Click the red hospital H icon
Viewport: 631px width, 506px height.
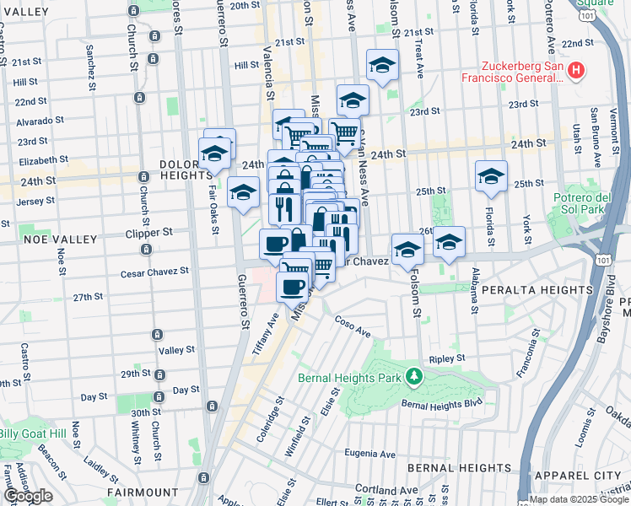tap(576, 70)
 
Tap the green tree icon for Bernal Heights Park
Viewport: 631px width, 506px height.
tap(413, 375)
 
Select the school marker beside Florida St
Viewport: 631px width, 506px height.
tap(491, 177)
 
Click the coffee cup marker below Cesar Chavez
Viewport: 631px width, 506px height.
tap(292, 288)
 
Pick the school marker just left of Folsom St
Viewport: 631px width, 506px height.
tap(407, 250)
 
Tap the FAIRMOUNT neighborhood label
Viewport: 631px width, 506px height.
tap(143, 492)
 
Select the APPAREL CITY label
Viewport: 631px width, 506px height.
tap(574, 476)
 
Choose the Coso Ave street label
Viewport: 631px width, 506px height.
tap(353, 324)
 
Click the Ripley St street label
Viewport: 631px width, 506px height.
tap(447, 357)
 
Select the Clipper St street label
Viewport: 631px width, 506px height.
tap(148, 232)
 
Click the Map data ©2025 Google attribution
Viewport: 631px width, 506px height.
tap(579, 499)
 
